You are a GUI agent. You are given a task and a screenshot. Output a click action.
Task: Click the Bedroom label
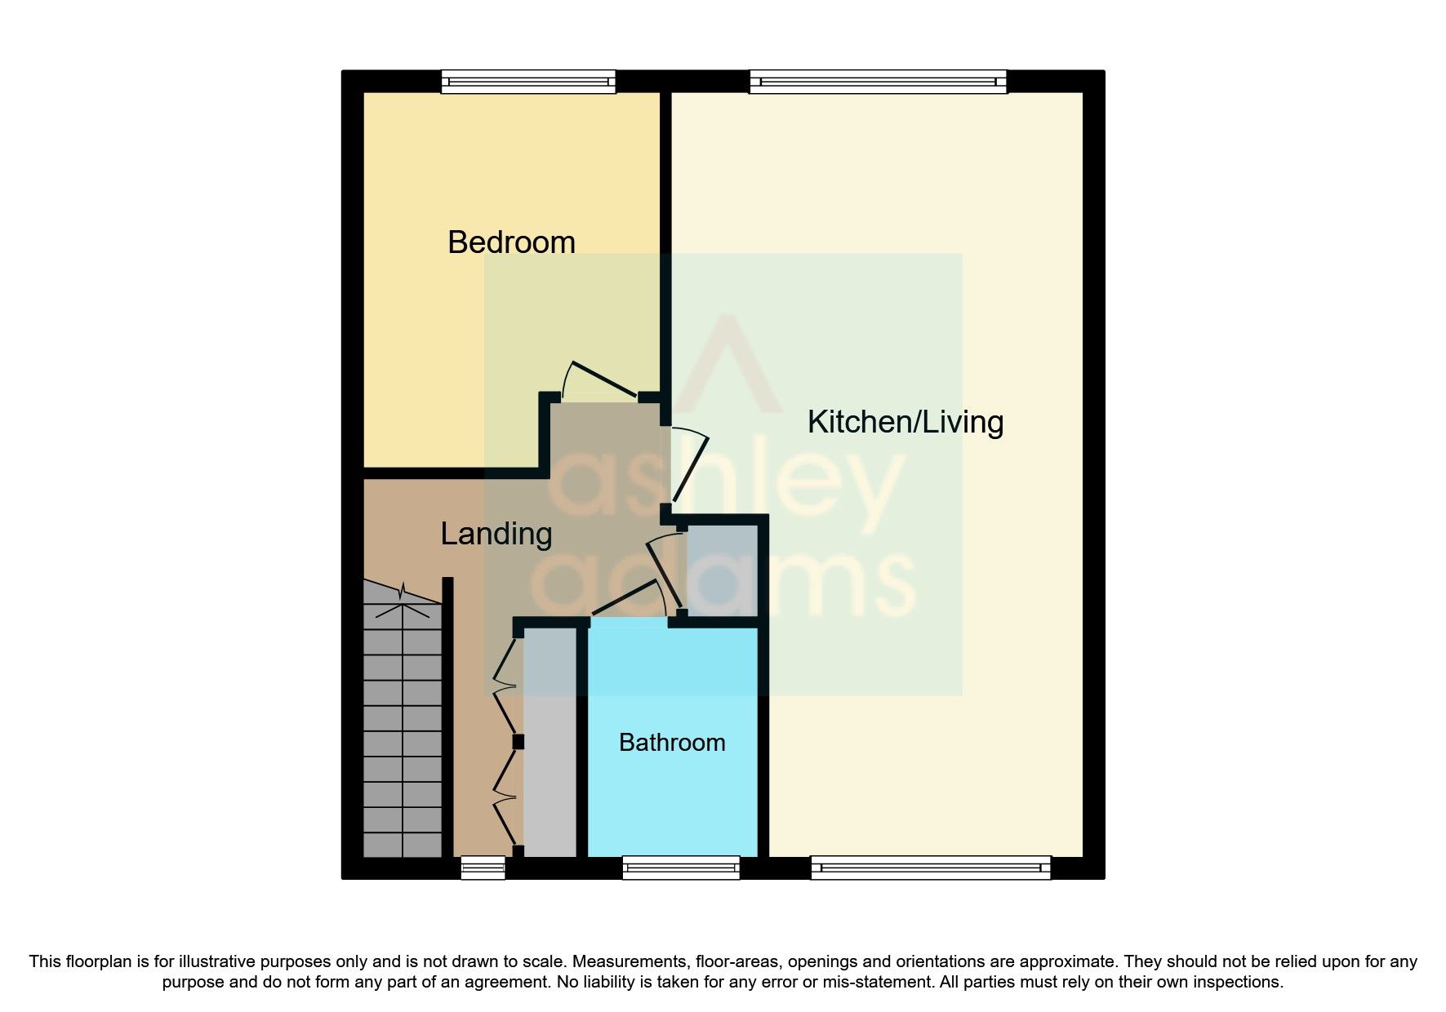pos(511,242)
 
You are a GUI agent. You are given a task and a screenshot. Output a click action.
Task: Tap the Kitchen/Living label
pos(905,422)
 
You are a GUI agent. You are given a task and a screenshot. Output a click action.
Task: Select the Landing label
pos(496,534)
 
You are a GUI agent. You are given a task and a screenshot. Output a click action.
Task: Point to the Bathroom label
pos(672,743)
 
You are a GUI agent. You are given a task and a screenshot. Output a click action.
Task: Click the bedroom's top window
pos(528,82)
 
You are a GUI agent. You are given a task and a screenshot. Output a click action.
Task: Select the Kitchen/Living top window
pos(878,82)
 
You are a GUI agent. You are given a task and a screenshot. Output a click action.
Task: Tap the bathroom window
pos(681,867)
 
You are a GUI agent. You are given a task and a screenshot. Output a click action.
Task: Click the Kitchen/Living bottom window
pos(931,867)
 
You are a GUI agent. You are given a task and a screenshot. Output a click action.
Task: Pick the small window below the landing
pos(483,867)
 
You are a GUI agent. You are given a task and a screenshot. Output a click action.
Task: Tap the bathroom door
pos(625,599)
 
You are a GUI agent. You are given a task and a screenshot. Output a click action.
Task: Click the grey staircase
pos(402,735)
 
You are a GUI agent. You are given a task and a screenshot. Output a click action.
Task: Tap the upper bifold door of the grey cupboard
pos(505,686)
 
